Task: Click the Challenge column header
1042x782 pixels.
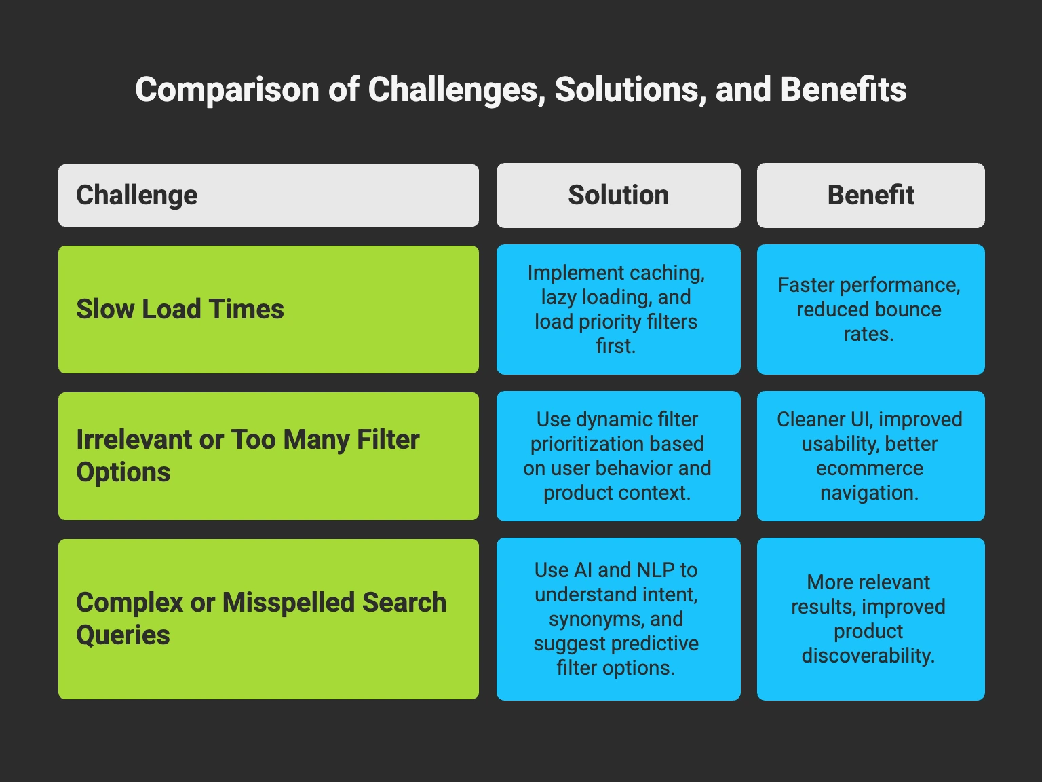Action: (x=268, y=195)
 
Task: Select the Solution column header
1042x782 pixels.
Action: (x=618, y=195)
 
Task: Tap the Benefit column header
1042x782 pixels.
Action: (x=870, y=195)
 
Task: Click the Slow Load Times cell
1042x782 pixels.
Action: (x=268, y=310)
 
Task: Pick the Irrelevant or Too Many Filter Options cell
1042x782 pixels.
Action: (x=268, y=456)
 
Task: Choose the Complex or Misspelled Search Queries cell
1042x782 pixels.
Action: (x=268, y=619)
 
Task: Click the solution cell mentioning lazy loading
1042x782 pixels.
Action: (x=618, y=310)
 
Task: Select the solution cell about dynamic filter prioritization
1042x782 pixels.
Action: (x=618, y=456)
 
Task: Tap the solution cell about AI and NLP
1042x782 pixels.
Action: (x=618, y=619)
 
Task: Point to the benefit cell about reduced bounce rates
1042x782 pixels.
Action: (x=870, y=310)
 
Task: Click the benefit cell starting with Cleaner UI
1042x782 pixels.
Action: (x=870, y=456)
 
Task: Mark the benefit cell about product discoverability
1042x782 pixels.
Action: (x=870, y=619)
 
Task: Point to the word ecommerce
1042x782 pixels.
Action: (x=869, y=468)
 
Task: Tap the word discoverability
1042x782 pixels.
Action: (x=868, y=656)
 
